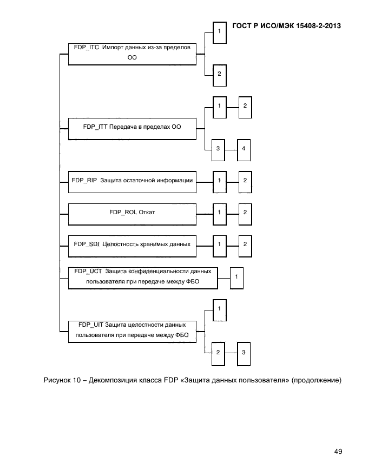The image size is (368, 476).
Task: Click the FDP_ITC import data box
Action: [x=132, y=54]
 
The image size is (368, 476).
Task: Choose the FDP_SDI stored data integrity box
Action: [x=132, y=244]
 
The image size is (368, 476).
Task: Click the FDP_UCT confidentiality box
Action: [x=143, y=277]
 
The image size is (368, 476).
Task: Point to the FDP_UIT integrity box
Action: [x=132, y=331]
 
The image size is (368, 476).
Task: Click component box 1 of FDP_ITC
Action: [x=219, y=32]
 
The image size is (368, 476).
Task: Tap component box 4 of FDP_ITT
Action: [x=245, y=148]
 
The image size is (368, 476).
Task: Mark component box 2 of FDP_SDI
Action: [x=245, y=244]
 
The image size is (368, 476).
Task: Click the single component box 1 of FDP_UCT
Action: [x=237, y=277]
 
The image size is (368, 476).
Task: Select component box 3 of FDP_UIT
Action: [x=245, y=353]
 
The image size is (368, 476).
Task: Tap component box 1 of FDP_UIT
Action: [x=219, y=309]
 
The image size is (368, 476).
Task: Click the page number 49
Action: [x=338, y=452]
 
